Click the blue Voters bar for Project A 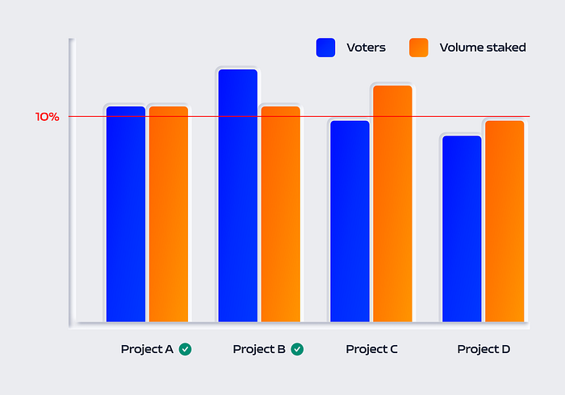coord(126,214)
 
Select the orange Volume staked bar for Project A coord(168,214)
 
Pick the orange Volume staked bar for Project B coord(280,214)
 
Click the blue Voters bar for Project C coord(349,221)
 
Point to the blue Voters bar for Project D coord(461,229)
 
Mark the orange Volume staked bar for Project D coord(504,221)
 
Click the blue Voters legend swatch coord(326,48)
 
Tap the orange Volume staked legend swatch coord(418,48)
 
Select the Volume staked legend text coord(483,48)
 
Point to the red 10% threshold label coord(47,117)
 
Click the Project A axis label coord(147,349)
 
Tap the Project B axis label coord(259,349)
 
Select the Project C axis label coord(371,349)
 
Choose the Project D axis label coord(483,349)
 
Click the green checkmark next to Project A coord(186,349)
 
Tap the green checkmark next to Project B coord(297,349)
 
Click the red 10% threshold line coord(315,117)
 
